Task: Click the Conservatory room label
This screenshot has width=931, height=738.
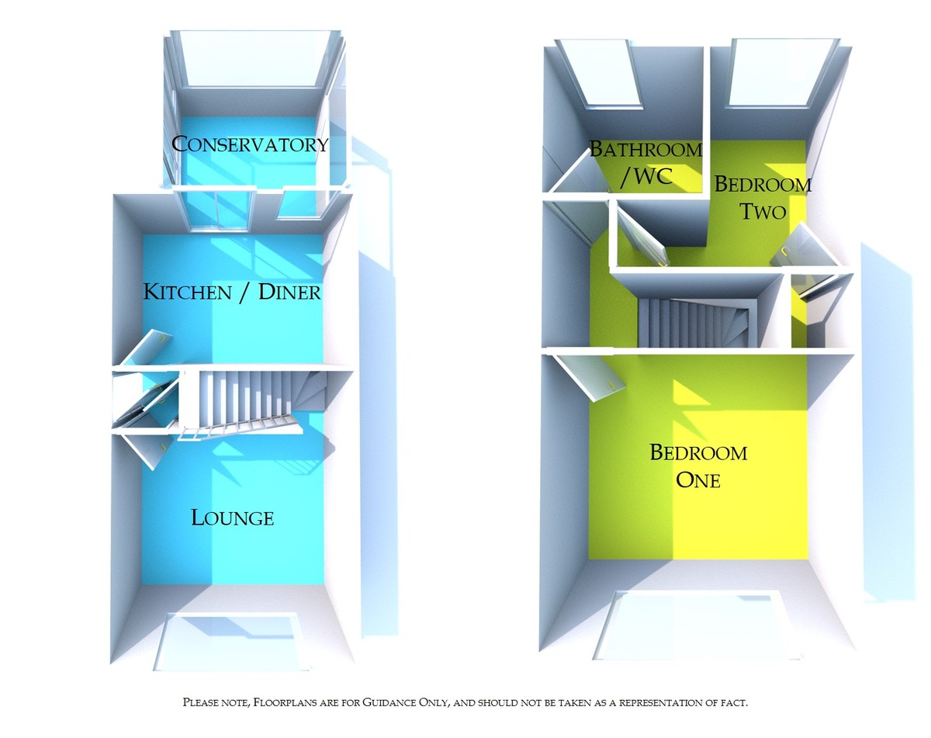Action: (250, 144)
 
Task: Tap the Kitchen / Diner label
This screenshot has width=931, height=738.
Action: (232, 293)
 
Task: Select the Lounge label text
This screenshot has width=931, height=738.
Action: (232, 518)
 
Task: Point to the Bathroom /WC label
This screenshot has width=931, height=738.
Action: (645, 163)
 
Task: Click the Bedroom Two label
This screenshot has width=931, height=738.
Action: (762, 197)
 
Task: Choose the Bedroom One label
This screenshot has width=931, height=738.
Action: (698, 466)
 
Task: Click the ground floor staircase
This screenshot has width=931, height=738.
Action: (248, 400)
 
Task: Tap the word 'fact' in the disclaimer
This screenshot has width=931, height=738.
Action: (733, 702)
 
